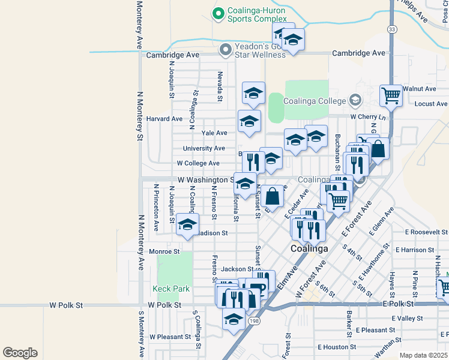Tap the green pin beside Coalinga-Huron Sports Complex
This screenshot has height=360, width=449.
point(218,12)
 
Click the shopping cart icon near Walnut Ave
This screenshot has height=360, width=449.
point(391,95)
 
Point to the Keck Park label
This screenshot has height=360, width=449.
point(171,289)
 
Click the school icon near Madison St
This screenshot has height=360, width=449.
point(187,225)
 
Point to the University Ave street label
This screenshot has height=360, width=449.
point(204,148)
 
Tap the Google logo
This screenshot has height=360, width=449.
point(20,353)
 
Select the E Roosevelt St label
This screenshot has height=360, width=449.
point(426,232)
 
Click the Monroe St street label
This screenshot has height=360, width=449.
point(164,252)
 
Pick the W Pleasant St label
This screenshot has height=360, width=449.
point(170,337)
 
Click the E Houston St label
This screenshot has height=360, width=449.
point(337,347)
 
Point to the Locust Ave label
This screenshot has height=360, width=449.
point(431,104)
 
